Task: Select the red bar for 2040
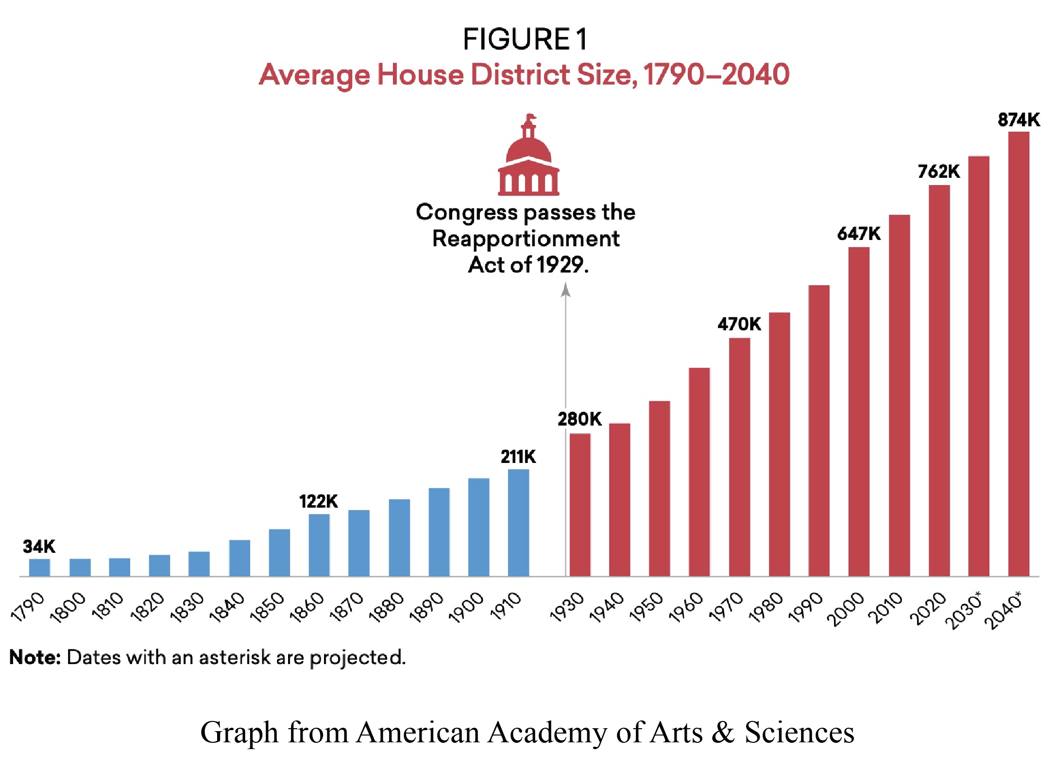[x=1019, y=355]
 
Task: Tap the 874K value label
[x=1019, y=120]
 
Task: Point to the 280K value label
[x=579, y=419]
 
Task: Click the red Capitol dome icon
[x=528, y=155]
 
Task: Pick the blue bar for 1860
[x=319, y=545]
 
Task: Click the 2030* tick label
[x=964, y=610]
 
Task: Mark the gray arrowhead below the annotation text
[x=565, y=290]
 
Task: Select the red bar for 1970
[x=739, y=457]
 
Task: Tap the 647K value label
[x=859, y=234]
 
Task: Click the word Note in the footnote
[x=34, y=657]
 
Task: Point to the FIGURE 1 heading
[x=526, y=39]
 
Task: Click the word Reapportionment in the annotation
[x=526, y=239]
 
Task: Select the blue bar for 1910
[x=518, y=523]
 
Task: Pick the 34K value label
[x=39, y=547]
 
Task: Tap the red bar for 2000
[x=859, y=412]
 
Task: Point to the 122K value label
[x=318, y=501]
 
